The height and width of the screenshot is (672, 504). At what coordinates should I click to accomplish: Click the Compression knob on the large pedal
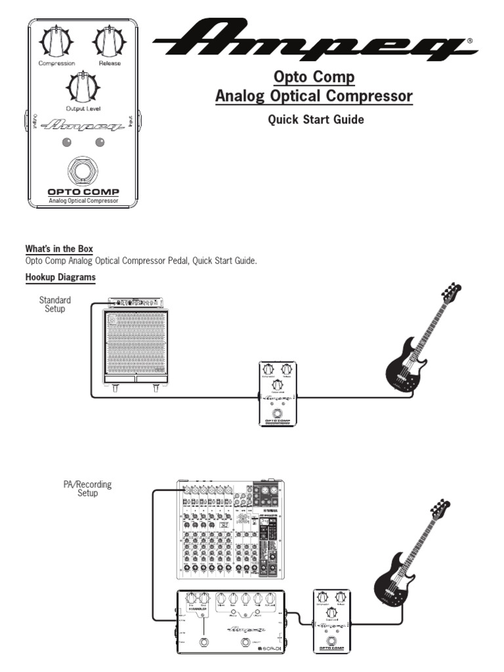coord(56,43)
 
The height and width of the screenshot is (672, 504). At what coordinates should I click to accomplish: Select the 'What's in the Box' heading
coord(59,249)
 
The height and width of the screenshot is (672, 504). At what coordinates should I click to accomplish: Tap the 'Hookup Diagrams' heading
coord(60,277)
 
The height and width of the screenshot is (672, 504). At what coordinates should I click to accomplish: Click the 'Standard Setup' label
coord(55,304)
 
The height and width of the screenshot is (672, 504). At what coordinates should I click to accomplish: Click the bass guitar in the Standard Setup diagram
coord(420,341)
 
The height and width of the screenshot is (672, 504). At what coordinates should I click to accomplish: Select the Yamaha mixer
coord(232,529)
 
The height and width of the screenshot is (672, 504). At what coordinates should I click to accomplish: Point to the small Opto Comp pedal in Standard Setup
coord(278,394)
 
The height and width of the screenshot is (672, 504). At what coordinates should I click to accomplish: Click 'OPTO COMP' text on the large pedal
coord(83,192)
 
